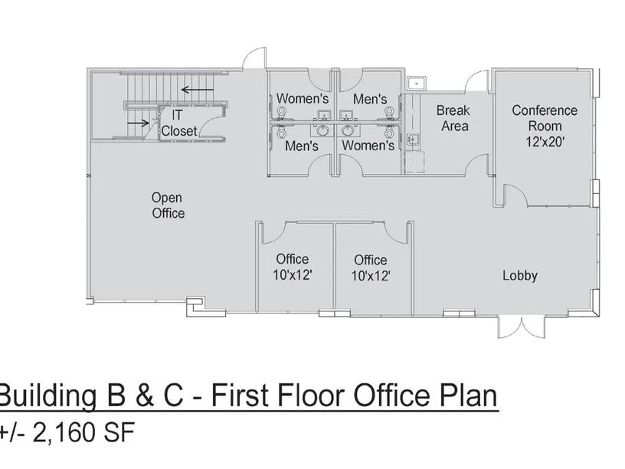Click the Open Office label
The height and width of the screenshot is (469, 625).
168,205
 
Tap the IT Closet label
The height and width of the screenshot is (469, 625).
178,123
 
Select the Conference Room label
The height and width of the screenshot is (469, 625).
545,118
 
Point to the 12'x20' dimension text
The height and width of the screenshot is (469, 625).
545,141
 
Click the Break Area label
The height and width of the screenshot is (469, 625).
453,118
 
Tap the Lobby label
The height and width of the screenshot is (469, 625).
520,276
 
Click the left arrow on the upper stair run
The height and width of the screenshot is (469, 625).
198,89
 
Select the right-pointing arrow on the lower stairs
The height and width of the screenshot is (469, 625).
138,123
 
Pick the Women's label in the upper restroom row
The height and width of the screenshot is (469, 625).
303,98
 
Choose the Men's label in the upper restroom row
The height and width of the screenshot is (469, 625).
370,99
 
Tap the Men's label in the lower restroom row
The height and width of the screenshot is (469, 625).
302,146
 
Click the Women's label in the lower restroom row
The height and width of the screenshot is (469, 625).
368,146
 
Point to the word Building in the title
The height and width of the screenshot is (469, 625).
47,396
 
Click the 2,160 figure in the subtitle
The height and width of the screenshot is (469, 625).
64,432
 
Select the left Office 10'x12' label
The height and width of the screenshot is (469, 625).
292,267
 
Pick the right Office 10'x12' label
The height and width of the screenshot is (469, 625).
370,268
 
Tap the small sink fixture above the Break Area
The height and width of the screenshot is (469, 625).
417,84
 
